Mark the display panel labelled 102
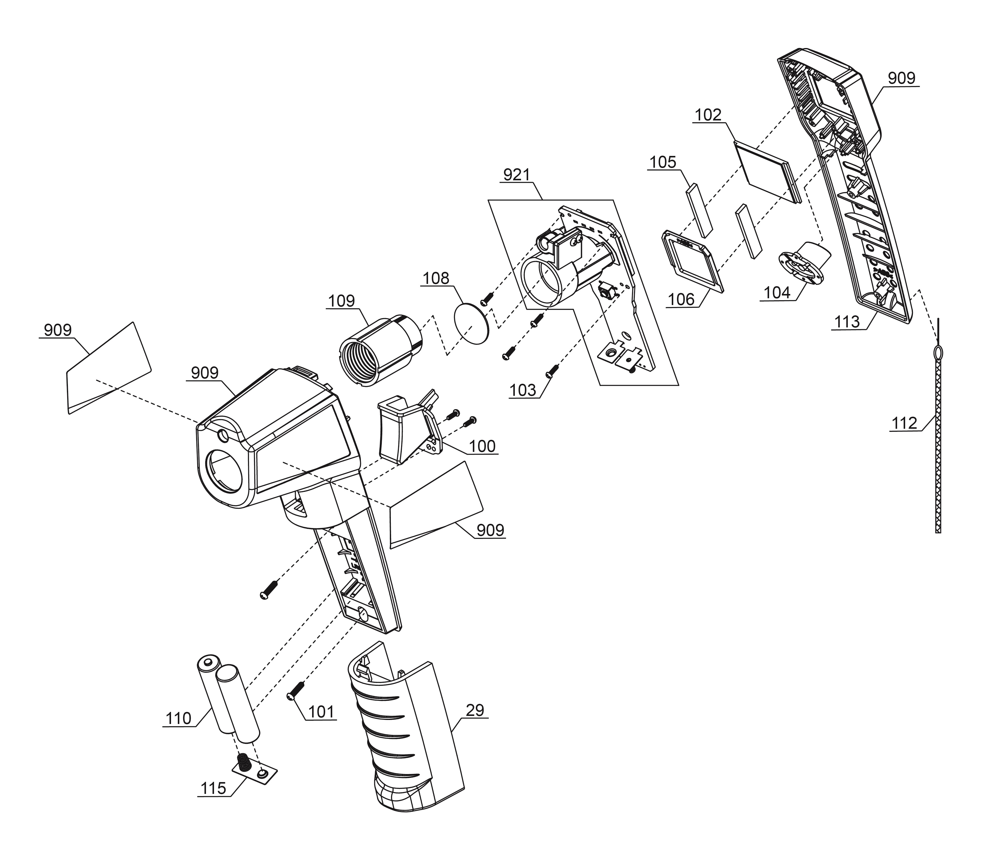coord(767,172)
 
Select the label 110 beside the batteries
coord(179,718)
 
